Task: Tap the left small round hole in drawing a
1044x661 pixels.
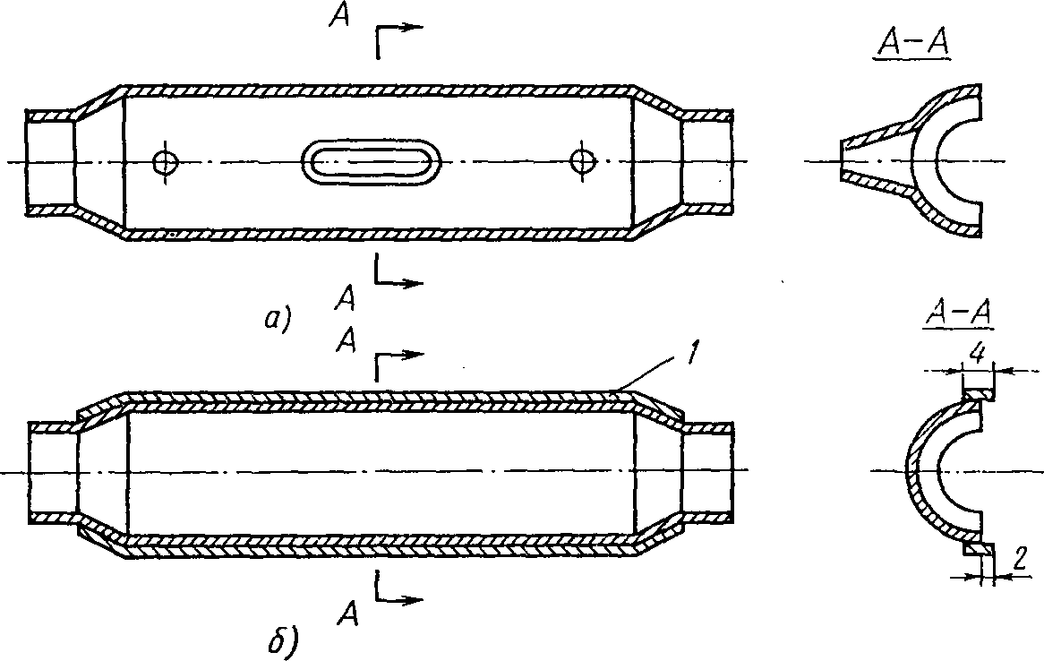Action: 165,161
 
